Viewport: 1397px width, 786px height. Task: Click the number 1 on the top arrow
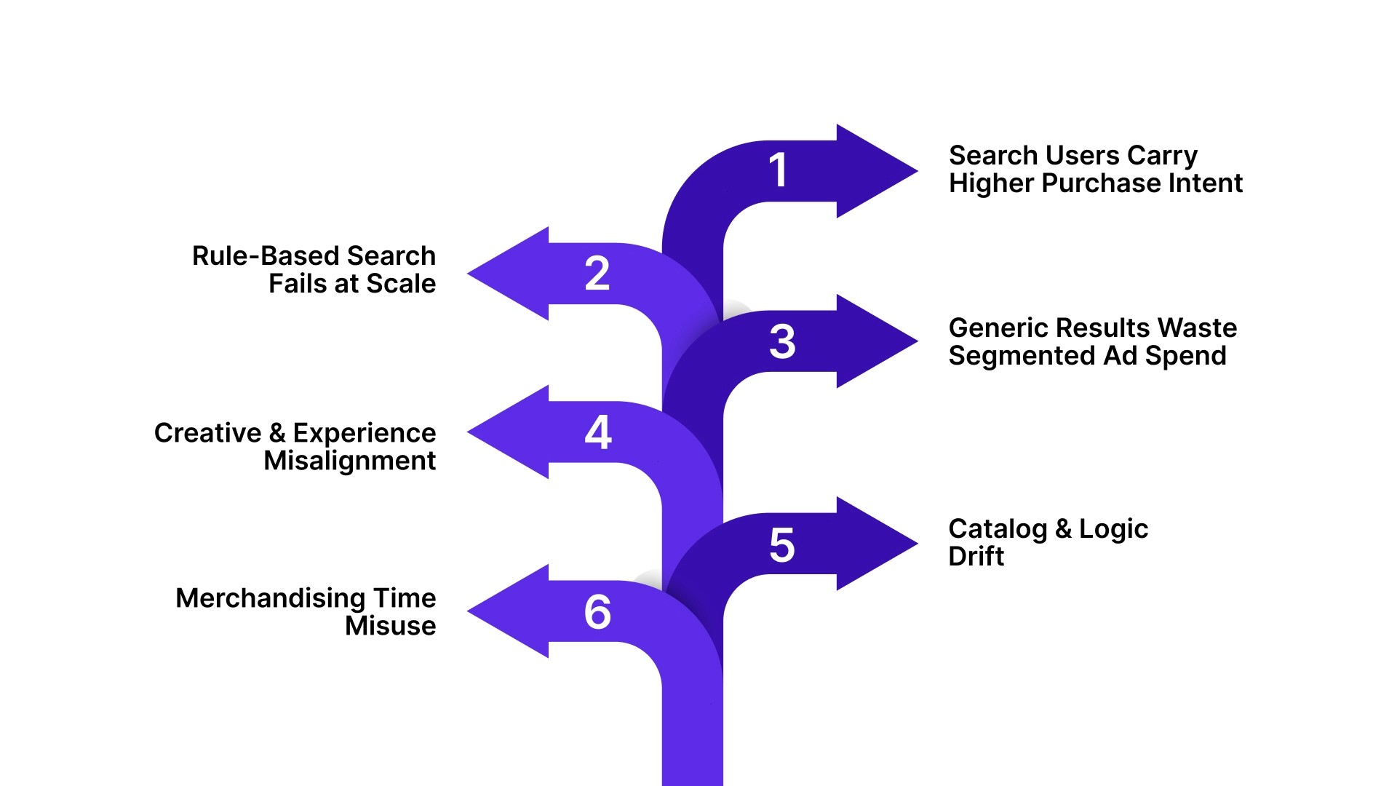coord(778,170)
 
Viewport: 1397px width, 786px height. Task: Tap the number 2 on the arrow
coord(597,274)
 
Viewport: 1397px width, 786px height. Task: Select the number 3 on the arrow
coord(782,341)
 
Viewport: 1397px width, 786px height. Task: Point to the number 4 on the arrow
coord(598,432)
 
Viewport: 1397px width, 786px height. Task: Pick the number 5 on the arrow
coord(782,545)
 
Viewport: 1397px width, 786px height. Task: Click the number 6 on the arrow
coord(597,612)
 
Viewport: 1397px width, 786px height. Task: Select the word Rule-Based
coord(265,256)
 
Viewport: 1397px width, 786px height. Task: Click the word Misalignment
coord(349,461)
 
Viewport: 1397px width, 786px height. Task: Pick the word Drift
coord(976,557)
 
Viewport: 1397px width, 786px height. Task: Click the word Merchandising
coord(270,598)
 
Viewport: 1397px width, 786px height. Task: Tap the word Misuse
coord(390,626)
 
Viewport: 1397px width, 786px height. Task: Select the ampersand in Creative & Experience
coord(276,433)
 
